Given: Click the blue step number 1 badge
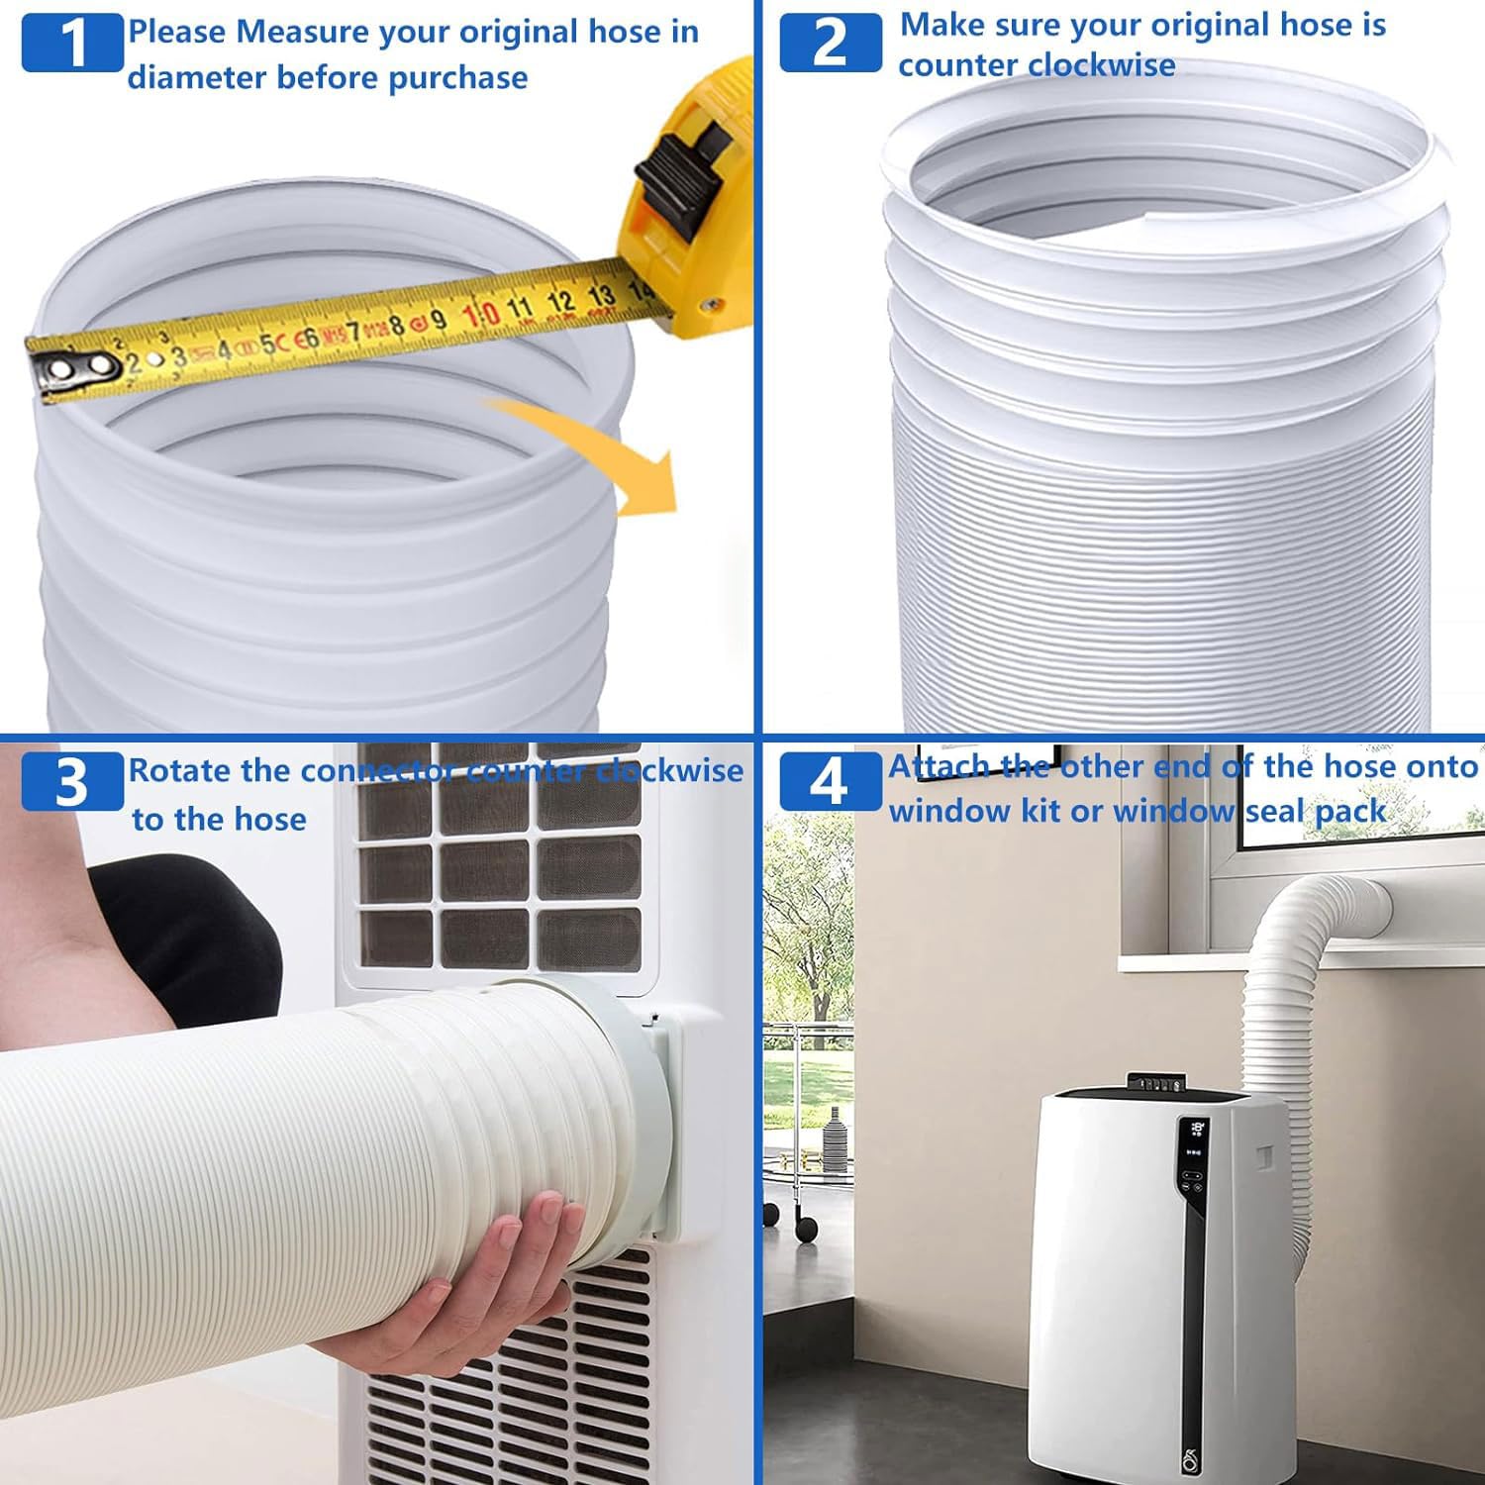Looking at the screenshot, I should pos(72,43).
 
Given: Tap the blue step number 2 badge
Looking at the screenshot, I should pos(830,43).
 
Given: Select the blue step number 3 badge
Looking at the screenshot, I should pos(72,782).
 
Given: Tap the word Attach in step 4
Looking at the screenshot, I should pos(940,766).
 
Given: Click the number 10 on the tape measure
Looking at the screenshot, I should pos(481,314).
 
